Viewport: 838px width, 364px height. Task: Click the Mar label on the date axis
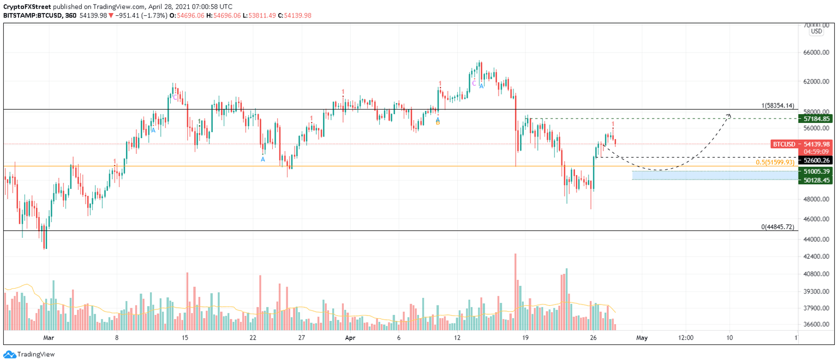pyautogui.click(x=49, y=338)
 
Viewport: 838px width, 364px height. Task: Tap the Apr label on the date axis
pyautogui.click(x=350, y=338)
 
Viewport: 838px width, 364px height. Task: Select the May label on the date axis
pyautogui.click(x=642, y=338)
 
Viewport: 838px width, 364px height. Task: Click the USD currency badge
pyautogui.click(x=816, y=32)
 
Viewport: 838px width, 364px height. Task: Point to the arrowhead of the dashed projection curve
pyautogui.click(x=729, y=115)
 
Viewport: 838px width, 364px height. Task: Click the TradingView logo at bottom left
pyautogui.click(x=29, y=354)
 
